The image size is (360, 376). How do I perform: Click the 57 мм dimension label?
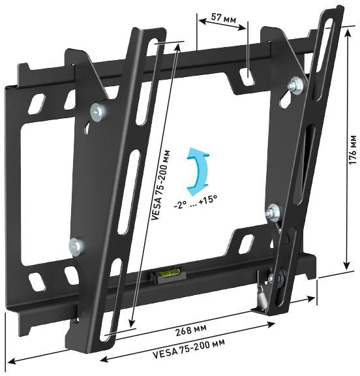[x=222, y=19]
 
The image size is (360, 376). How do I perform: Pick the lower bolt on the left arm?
[x=76, y=246]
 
